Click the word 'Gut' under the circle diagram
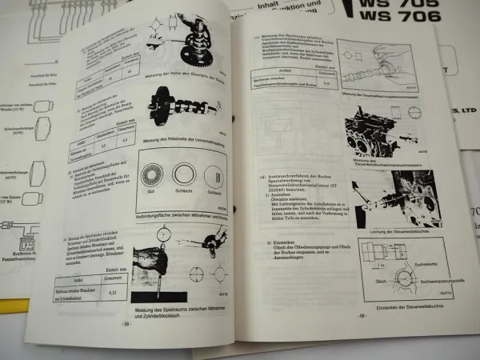150,193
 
